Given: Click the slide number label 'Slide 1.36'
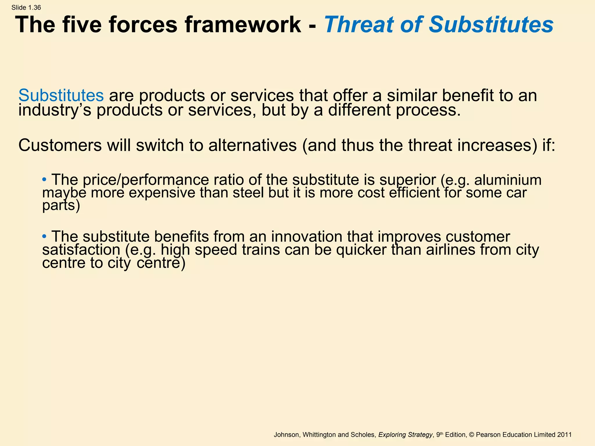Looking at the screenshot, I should [x=26, y=8].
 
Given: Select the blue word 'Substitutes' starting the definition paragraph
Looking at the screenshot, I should [x=61, y=95].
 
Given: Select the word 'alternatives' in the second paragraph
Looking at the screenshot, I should [x=252, y=145].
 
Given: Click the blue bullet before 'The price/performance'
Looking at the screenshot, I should [x=44, y=179].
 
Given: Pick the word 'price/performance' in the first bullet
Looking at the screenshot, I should [x=146, y=180].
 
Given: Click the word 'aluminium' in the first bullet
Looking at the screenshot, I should [x=508, y=180].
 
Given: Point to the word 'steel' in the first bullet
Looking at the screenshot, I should [x=248, y=193].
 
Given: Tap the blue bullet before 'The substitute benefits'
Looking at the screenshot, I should [x=44, y=236].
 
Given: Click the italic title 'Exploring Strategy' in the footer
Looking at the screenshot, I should [x=405, y=435].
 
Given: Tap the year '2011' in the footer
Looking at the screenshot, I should [x=564, y=435].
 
